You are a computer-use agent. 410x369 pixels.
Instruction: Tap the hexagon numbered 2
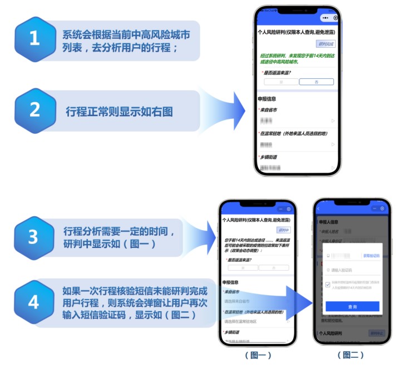tap(35, 110)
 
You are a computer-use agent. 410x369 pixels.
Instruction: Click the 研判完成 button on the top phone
tap(326, 44)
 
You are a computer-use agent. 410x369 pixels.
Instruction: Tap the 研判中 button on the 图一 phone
tap(283, 230)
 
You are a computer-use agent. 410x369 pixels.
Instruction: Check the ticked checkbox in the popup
tap(328, 285)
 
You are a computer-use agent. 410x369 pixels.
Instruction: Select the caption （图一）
tap(258, 355)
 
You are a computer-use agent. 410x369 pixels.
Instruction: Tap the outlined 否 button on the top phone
tap(316, 81)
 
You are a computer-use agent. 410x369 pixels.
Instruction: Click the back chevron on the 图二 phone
tap(319, 208)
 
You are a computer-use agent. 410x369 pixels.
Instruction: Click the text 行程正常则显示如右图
tap(119, 111)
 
